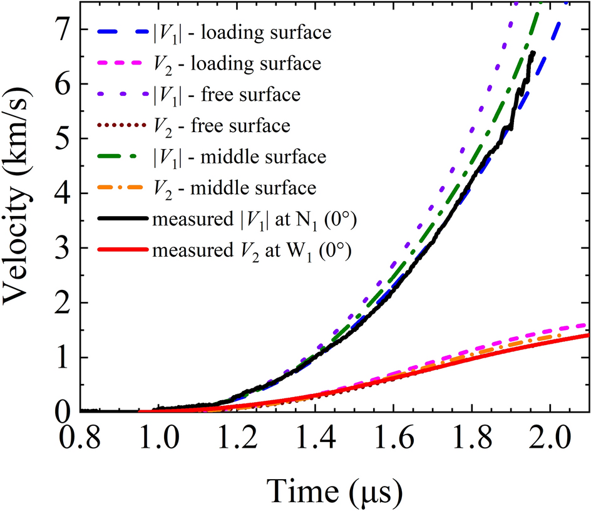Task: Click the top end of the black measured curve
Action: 533,53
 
